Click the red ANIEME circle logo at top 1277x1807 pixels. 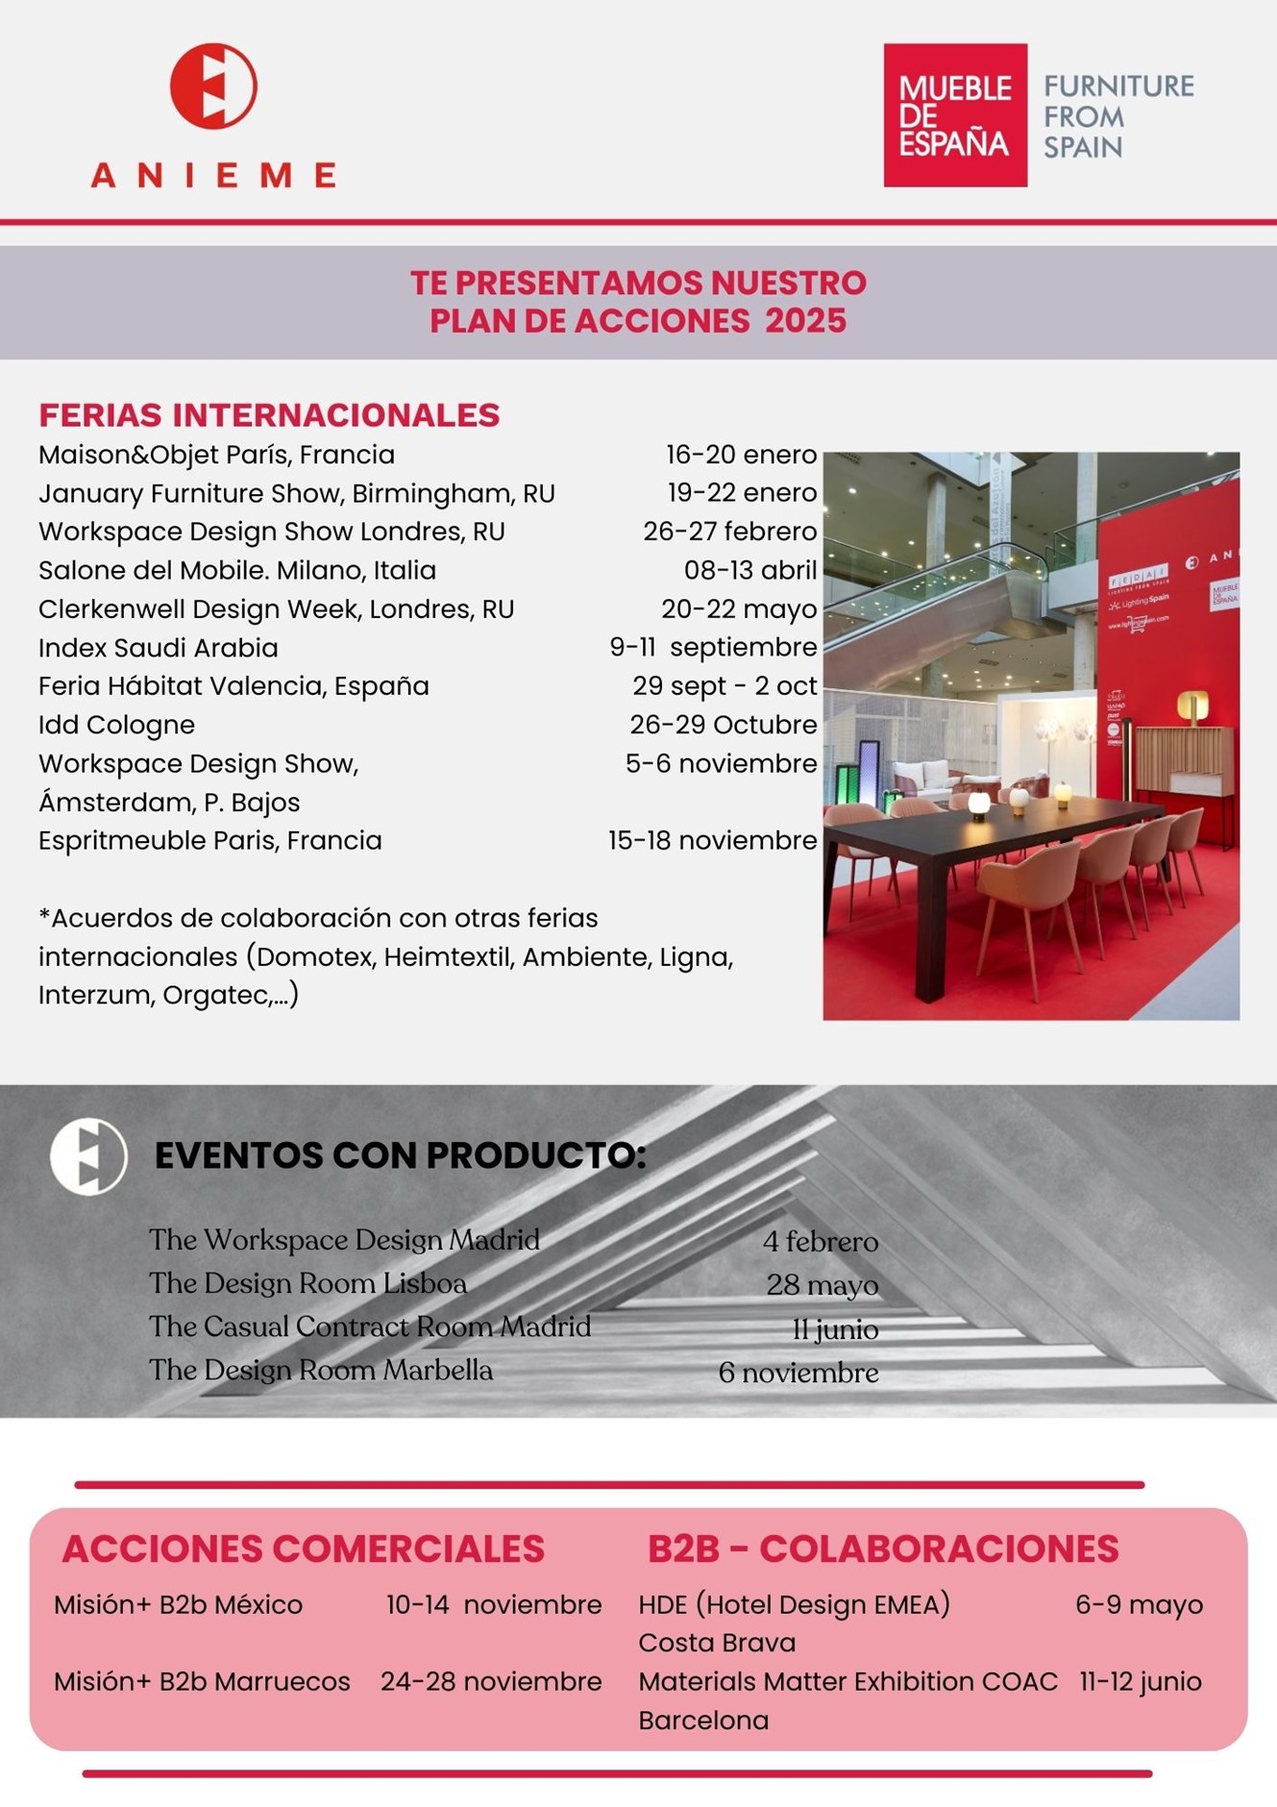point(213,87)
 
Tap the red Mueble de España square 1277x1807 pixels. point(954,115)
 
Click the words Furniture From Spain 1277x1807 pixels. point(1117,116)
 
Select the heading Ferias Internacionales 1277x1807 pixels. point(269,415)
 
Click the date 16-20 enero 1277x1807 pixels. point(741,455)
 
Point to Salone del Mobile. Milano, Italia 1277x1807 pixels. point(236,570)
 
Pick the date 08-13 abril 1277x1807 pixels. point(749,570)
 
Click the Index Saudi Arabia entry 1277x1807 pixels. point(159,648)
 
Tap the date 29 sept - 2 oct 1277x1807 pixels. point(724,686)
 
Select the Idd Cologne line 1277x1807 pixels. point(116,725)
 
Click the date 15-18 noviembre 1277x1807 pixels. point(712,840)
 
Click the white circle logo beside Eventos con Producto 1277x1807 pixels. point(88,1156)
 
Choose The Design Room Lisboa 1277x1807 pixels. point(307,1284)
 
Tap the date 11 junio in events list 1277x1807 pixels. point(835,1329)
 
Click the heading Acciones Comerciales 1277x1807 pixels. point(303,1549)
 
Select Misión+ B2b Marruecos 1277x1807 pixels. point(202,1682)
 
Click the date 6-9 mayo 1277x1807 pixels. point(1139,1605)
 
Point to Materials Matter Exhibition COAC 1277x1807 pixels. point(847,1682)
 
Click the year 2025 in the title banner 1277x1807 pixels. point(805,321)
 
